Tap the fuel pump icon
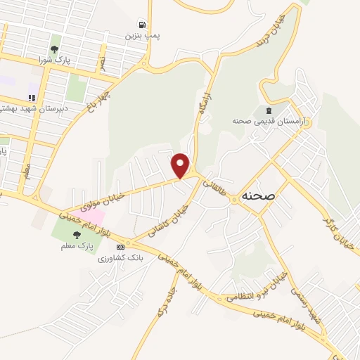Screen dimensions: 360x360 click(x=142, y=24)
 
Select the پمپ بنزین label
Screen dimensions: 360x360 click(x=140, y=34)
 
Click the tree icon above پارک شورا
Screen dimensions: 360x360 click(x=54, y=49)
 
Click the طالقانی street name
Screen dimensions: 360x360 click(x=213, y=188)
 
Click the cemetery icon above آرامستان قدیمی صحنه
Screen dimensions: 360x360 click(x=267, y=110)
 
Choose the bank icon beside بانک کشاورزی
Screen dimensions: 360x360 click(x=120, y=247)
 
